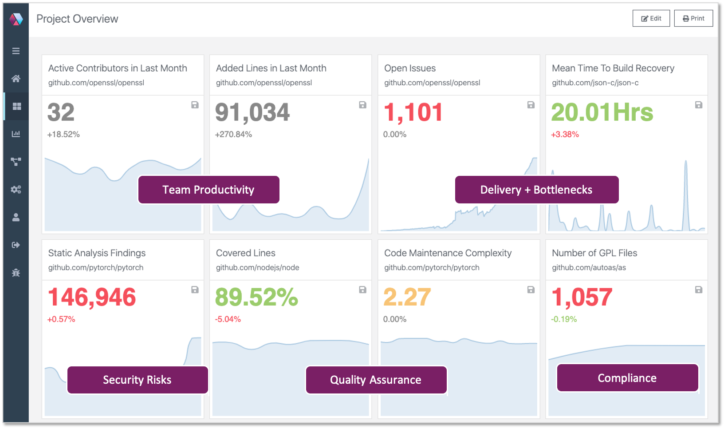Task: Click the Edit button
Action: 651,19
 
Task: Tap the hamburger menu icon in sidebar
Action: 16,51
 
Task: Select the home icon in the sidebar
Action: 16,79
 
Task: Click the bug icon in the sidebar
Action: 16,273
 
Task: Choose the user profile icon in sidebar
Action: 16,217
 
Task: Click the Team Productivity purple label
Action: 209,190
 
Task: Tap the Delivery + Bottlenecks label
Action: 536,190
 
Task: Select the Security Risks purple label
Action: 138,380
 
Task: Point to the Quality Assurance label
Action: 376,380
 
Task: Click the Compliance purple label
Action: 627,378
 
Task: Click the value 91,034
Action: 252,112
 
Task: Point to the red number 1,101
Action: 413,112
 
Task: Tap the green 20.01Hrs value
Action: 602,112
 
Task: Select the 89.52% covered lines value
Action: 256,297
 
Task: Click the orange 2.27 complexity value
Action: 407,297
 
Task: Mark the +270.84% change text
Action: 233,135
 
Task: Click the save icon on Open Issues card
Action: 531,105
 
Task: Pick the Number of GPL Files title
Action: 594,253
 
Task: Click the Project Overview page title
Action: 77,19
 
